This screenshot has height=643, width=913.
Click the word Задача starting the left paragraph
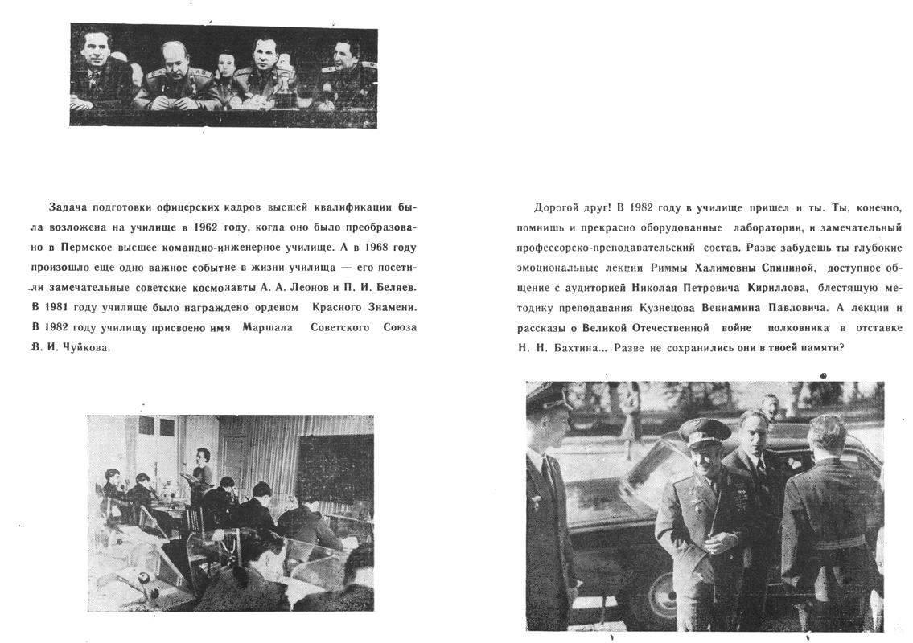pos(66,208)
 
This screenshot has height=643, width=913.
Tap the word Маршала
pos(263,327)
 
